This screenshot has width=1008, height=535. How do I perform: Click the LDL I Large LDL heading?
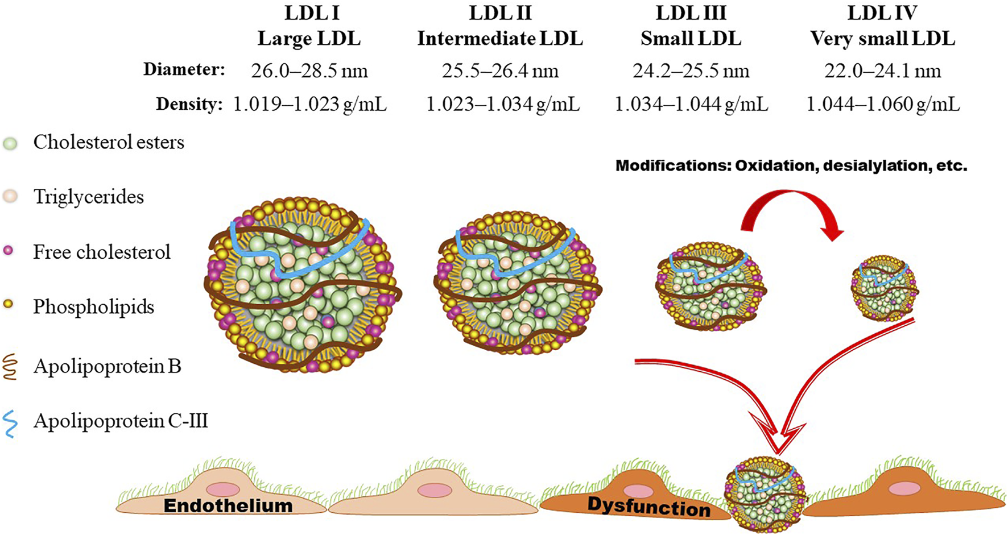(309, 26)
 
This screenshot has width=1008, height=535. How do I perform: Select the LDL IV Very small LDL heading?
(882, 26)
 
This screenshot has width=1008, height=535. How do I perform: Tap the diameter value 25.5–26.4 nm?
(500, 71)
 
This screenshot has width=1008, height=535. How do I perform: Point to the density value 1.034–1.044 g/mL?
(691, 105)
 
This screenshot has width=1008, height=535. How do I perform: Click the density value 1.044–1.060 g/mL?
(883, 105)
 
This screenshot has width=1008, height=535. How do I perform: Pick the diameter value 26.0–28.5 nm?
(309, 71)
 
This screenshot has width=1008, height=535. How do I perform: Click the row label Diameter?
(184, 69)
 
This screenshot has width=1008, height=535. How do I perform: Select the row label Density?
(189, 104)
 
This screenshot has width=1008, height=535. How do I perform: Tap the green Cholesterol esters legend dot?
(10, 143)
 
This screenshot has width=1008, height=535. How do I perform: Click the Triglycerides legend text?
(88, 197)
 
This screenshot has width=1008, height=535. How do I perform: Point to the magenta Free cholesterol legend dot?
(9, 251)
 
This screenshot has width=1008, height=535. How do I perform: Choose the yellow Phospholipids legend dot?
(9, 305)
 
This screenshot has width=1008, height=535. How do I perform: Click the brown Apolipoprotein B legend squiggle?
(10, 367)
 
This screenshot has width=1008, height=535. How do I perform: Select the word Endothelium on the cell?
(228, 505)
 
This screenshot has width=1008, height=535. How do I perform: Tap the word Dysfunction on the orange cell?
(648, 506)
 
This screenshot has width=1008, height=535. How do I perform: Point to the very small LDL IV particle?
(885, 288)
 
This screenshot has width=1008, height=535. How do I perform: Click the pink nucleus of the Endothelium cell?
(223, 489)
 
